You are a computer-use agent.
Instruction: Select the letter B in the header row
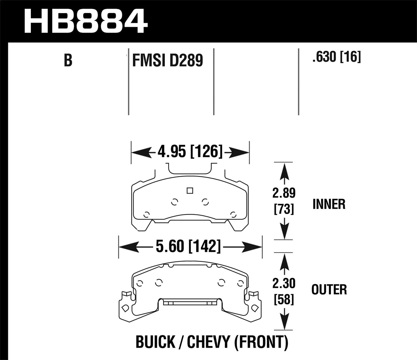[68, 60]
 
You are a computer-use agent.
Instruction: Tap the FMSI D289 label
[167, 61]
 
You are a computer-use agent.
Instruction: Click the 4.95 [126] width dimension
[190, 152]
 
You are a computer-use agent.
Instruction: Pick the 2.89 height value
[284, 193]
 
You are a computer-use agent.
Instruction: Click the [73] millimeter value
[284, 209]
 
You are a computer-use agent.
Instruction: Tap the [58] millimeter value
[284, 300]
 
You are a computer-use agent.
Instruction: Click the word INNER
[329, 205]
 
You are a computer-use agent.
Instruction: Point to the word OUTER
[329, 290]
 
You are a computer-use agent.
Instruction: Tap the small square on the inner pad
[189, 191]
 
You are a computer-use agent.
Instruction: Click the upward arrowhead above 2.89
[284, 171]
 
